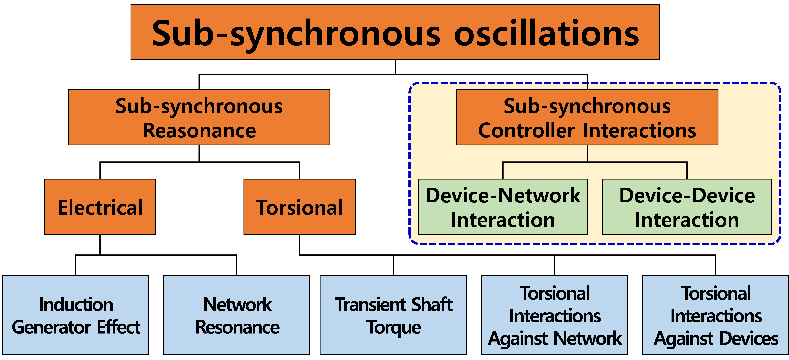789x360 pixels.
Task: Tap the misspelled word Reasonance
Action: (x=199, y=131)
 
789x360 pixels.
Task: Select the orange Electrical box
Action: (x=100, y=207)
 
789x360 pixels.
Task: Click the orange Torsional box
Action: (x=299, y=207)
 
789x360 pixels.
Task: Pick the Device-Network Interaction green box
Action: (x=503, y=207)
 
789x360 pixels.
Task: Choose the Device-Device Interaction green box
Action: (x=687, y=207)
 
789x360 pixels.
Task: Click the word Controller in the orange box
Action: (x=526, y=131)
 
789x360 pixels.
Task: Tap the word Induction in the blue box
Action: (x=76, y=305)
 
